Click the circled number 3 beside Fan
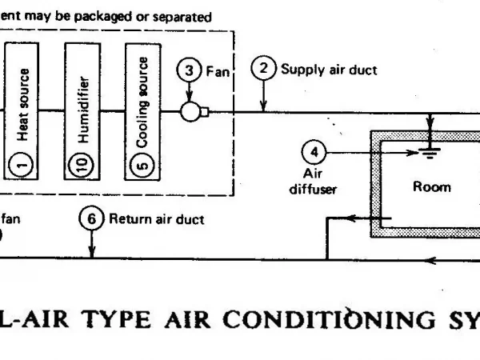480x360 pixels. click(x=189, y=70)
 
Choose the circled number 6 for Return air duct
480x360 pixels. click(x=92, y=217)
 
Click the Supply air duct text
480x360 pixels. click(x=328, y=69)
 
